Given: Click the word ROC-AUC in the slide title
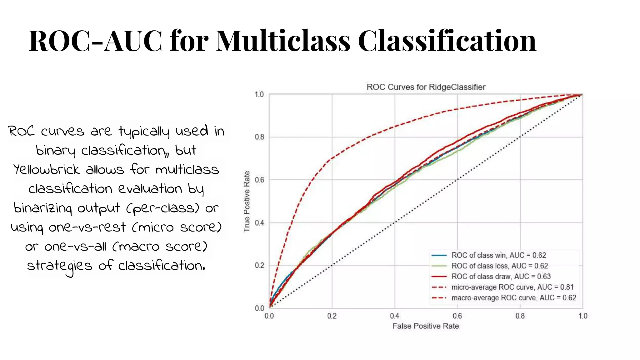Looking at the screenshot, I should tap(95, 41).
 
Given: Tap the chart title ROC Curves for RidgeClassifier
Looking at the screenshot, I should tap(426, 87).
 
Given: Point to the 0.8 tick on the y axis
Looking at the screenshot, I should tap(259, 137).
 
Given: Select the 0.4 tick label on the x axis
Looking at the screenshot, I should tap(394, 316).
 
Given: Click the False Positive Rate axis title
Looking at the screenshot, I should tap(426, 326).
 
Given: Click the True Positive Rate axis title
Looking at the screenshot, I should tap(247, 201).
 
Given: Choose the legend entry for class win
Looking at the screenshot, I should tap(498, 255).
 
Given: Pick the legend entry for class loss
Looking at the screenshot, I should tap(499, 266).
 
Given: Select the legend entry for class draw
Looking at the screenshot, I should tap(501, 277).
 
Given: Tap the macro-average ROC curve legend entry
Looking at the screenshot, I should tap(513, 298).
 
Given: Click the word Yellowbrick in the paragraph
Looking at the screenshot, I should tap(47, 170).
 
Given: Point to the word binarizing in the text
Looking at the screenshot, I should tap(42, 208).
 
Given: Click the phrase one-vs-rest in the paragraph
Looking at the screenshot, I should tap(87, 227).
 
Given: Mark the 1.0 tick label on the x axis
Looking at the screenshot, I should tap(582, 316).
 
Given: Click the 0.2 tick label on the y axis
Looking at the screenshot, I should tap(259, 265).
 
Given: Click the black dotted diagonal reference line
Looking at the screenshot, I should tap(457, 180).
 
